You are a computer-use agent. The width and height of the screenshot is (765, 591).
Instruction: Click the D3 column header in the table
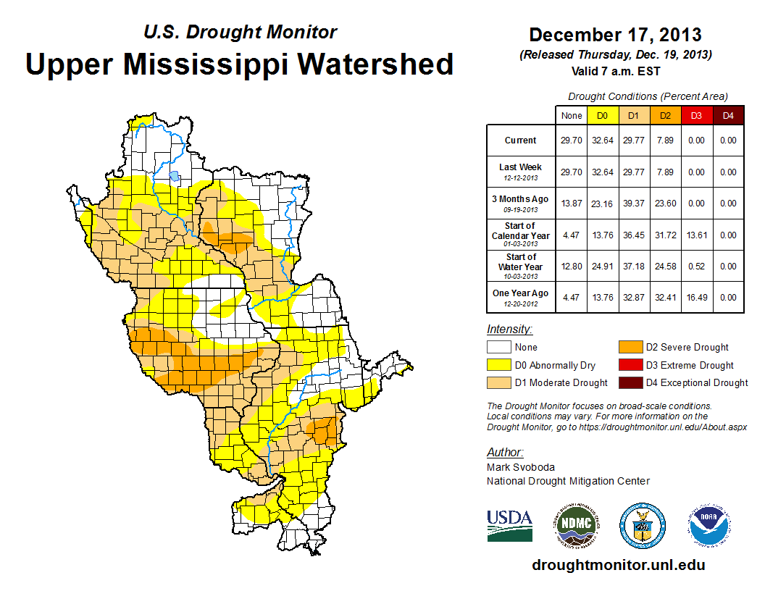tap(695, 115)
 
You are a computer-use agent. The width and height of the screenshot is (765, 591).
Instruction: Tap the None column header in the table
tap(572, 115)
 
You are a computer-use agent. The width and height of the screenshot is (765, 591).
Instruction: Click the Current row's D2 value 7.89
tap(664, 141)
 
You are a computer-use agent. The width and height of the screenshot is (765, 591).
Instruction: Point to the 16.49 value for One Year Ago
tap(695, 297)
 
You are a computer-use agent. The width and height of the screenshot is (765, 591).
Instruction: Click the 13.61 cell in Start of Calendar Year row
tap(695, 235)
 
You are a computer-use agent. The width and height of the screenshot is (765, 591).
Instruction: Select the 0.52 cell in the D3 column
tap(695, 266)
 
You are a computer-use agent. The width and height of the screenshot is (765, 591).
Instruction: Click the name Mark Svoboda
tap(520, 467)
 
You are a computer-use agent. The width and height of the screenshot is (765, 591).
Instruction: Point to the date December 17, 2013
tap(614, 35)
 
